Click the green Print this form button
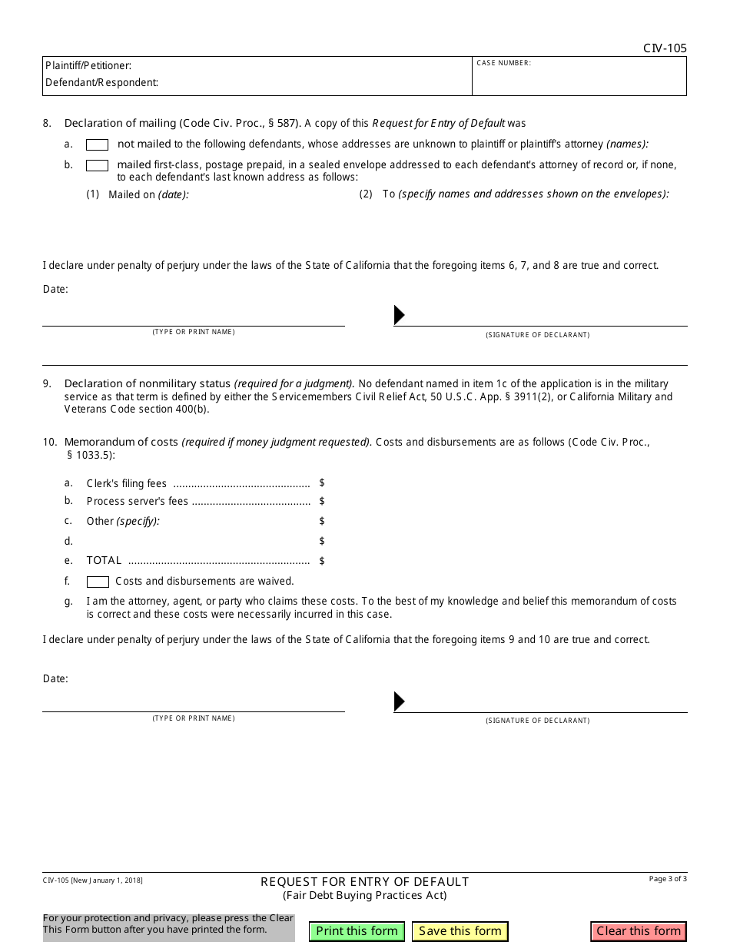tap(357, 931)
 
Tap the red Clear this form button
tap(639, 931)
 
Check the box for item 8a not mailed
tap(97, 144)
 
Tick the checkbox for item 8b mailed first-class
tap(97, 165)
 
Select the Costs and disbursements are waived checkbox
tap(98, 582)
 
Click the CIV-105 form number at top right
tap(665, 48)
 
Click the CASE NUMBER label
tap(503, 63)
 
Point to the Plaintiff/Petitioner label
tap(88, 66)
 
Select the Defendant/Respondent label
tap(101, 82)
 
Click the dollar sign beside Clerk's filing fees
tap(322, 482)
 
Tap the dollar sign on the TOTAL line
tap(322, 561)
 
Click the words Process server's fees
tap(137, 502)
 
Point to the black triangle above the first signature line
tap(399, 315)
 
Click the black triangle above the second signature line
tap(399, 701)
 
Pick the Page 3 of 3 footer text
tap(668, 879)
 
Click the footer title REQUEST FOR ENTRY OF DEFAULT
tap(364, 882)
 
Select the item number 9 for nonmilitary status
tap(47, 383)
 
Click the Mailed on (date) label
tap(148, 195)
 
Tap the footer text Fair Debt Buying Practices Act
tap(364, 895)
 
